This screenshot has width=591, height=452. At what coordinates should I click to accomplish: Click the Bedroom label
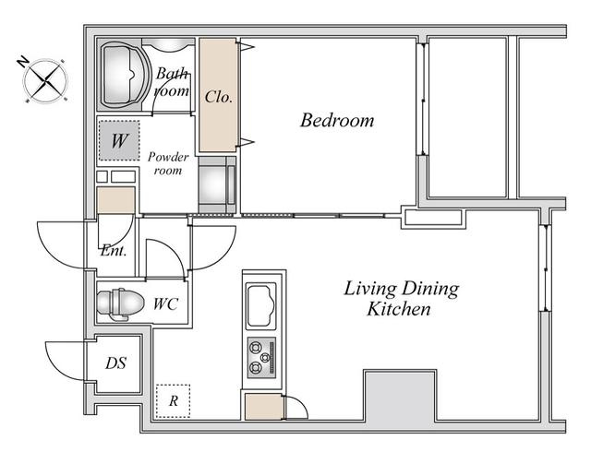[x=337, y=121]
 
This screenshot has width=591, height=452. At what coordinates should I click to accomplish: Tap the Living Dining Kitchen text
[x=401, y=298]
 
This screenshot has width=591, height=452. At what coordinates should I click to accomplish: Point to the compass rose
[x=45, y=80]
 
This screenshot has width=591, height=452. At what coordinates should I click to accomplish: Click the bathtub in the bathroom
[x=124, y=75]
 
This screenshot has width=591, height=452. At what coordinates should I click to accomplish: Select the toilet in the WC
[x=120, y=303]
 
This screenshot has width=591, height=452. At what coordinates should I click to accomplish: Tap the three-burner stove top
[x=261, y=358]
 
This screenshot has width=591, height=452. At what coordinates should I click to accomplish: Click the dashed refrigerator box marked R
[x=173, y=400]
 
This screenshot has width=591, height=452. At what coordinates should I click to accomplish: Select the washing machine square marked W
[x=119, y=140]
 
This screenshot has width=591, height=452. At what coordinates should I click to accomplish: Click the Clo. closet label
[x=218, y=97]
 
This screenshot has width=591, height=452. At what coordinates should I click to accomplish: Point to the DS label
[x=115, y=363]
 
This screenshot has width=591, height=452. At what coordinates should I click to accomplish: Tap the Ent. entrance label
[x=114, y=250]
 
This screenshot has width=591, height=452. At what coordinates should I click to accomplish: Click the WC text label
[x=165, y=303]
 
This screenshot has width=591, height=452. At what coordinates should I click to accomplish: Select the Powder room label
[x=168, y=163]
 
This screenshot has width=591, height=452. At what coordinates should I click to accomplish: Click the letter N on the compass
[x=23, y=62]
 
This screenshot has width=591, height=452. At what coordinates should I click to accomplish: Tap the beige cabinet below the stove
[x=263, y=406]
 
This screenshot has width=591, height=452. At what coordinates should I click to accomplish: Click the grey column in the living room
[x=400, y=397]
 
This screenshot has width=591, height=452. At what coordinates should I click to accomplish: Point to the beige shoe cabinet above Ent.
[x=116, y=200]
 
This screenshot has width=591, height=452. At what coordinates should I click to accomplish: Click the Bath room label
[x=172, y=82]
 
